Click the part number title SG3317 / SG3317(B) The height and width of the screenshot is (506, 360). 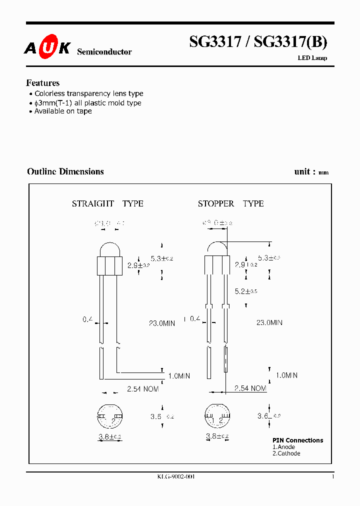pos(258,42)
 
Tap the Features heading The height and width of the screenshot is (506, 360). pos(43,83)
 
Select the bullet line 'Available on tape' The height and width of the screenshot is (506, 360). pos(63,111)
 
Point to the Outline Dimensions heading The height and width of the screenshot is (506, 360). pos(65,171)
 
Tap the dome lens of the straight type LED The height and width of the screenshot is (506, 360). pos(110,250)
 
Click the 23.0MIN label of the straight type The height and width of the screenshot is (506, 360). pos(161,323)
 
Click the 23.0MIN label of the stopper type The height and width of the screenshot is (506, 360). pos(269,322)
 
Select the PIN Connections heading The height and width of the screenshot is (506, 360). pos(297,440)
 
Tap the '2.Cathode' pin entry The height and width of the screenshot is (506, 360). pos(286,453)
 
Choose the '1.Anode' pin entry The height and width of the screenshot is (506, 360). pos(284,447)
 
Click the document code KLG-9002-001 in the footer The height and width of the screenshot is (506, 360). pos(175,477)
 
